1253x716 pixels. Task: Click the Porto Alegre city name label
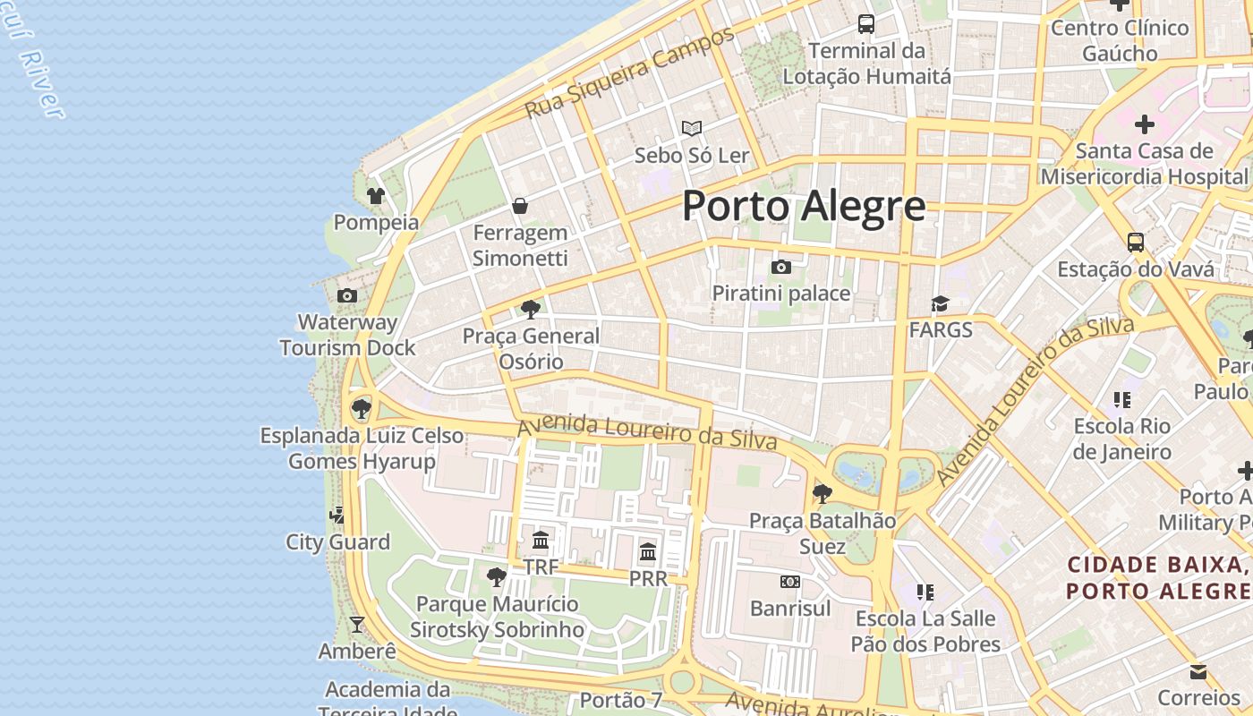(x=803, y=206)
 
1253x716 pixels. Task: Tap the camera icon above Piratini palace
(x=780, y=267)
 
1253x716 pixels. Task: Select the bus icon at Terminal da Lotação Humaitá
(x=865, y=24)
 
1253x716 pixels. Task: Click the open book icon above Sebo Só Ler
(x=691, y=128)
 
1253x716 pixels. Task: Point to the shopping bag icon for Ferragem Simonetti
(x=520, y=207)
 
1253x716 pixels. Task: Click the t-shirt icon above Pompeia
(x=376, y=195)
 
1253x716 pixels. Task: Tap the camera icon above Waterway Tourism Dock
(x=347, y=295)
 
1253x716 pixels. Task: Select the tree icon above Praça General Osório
(x=530, y=310)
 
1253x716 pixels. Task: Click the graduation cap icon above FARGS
(x=940, y=304)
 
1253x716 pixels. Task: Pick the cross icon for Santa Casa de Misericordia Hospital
(x=1144, y=124)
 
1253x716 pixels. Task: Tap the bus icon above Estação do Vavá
(x=1135, y=243)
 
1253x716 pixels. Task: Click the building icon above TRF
(x=541, y=540)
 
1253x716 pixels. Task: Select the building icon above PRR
(x=648, y=551)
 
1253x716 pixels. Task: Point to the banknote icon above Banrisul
(x=789, y=582)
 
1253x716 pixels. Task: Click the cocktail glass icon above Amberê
(x=357, y=624)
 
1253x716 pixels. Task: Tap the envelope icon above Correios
(x=1198, y=672)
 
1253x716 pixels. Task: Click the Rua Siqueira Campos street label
(x=629, y=72)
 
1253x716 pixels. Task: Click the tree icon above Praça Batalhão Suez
(x=822, y=493)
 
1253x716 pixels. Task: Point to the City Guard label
(x=337, y=542)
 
